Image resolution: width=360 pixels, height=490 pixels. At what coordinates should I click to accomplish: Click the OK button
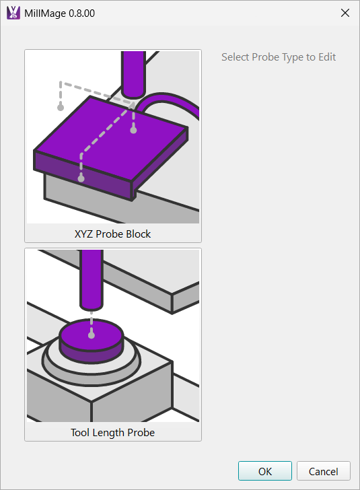[264, 470]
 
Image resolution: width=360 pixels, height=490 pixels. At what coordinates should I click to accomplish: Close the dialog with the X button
[345, 13]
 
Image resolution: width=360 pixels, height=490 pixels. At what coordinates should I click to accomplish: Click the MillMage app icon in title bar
[13, 13]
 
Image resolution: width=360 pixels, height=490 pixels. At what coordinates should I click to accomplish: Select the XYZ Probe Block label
[112, 234]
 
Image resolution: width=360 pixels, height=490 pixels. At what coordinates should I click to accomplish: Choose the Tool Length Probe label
[112, 433]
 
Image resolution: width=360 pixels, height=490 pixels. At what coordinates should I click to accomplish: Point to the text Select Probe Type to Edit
[279, 57]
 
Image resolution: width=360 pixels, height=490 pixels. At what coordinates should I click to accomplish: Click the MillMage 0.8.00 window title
[59, 13]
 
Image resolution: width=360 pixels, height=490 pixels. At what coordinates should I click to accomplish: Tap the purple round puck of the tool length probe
[92, 341]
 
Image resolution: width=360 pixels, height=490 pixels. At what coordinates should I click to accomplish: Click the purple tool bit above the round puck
[92, 280]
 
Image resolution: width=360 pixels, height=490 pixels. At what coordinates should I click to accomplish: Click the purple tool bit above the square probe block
[133, 74]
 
